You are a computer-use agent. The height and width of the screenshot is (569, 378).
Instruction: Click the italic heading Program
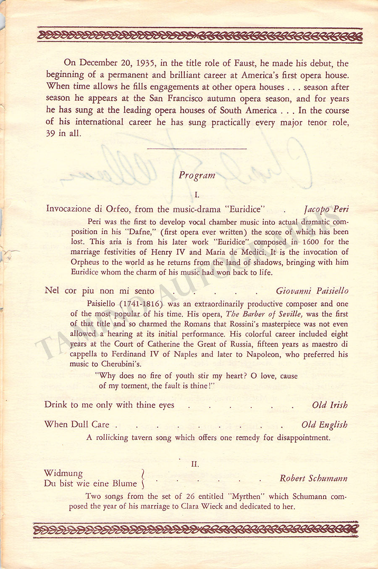click(x=197, y=175)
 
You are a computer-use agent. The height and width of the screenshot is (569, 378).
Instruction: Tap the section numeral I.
click(x=197, y=195)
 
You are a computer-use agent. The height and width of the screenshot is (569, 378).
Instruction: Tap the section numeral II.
click(x=195, y=464)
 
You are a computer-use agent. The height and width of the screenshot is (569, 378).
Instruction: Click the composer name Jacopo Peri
click(x=326, y=209)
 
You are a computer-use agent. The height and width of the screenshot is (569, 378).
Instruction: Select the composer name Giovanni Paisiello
click(x=312, y=291)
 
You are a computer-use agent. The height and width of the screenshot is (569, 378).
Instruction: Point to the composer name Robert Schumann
click(x=313, y=478)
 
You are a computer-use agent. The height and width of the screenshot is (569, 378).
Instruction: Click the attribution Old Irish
click(x=330, y=405)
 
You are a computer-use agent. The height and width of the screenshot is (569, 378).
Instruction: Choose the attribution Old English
click(x=324, y=425)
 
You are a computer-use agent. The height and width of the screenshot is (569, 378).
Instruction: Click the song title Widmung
click(x=63, y=474)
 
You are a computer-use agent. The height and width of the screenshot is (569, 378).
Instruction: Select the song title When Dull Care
click(x=77, y=424)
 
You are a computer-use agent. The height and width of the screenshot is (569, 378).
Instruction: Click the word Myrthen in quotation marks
click(x=247, y=496)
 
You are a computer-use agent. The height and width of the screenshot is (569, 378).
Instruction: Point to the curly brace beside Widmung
click(x=143, y=479)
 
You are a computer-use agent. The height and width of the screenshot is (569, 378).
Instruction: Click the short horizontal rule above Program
click(x=197, y=149)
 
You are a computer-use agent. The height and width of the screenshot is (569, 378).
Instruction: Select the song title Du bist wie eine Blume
click(x=90, y=483)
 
